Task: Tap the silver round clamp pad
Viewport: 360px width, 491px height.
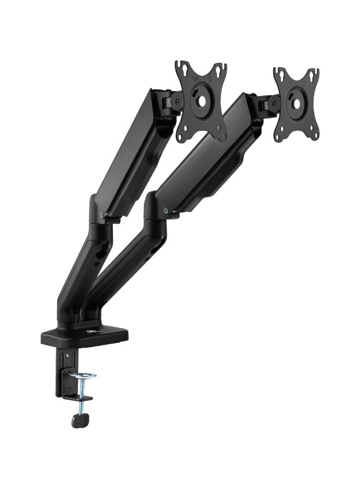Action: click(83, 376)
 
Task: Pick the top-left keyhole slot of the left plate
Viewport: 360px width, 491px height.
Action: click(183, 70)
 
